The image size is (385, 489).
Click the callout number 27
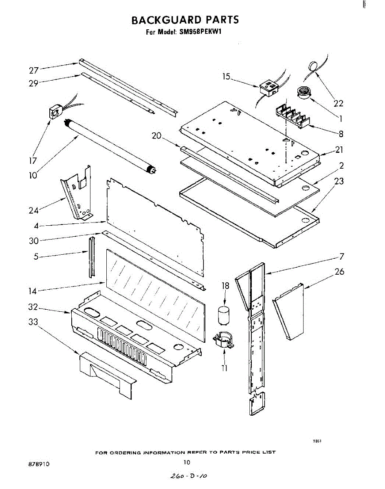click(34, 70)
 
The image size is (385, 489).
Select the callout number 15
click(227, 76)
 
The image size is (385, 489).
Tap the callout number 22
click(338, 104)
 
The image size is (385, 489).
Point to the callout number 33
click(33, 322)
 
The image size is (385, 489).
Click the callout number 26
click(339, 271)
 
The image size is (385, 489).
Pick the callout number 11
click(224, 368)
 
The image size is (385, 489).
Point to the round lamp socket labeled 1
click(303, 93)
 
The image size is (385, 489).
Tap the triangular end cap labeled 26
click(290, 311)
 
